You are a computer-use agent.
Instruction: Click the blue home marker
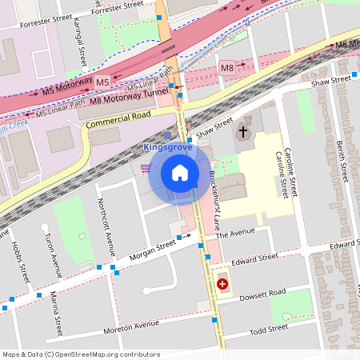[x=180, y=172]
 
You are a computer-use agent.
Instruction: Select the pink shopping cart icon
[x=145, y=168]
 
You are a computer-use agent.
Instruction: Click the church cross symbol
[x=242, y=132]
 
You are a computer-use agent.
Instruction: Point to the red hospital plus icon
[x=222, y=283]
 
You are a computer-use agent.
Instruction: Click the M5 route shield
[x=102, y=82]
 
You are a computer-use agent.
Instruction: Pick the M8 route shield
[x=228, y=67]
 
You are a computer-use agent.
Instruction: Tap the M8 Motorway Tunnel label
[x=130, y=95]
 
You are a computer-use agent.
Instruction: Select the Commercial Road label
[x=118, y=120]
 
